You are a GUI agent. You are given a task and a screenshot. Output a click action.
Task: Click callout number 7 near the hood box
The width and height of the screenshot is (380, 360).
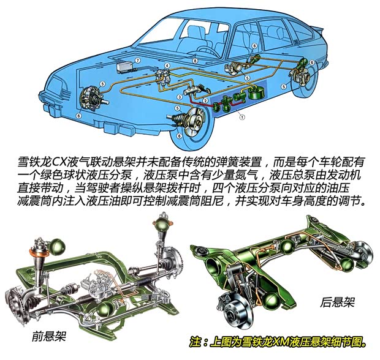point(139,61)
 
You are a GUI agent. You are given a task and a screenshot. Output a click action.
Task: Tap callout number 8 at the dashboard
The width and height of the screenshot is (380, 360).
point(194,61)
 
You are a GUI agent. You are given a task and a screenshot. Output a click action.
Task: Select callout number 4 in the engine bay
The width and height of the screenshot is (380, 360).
point(167,66)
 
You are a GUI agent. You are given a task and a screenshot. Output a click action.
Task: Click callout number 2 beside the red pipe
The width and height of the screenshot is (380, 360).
point(206,100)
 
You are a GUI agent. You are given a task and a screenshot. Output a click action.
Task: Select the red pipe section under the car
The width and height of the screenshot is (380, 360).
point(215,105)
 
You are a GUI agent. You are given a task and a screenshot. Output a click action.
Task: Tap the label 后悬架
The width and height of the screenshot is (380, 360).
point(335,302)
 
